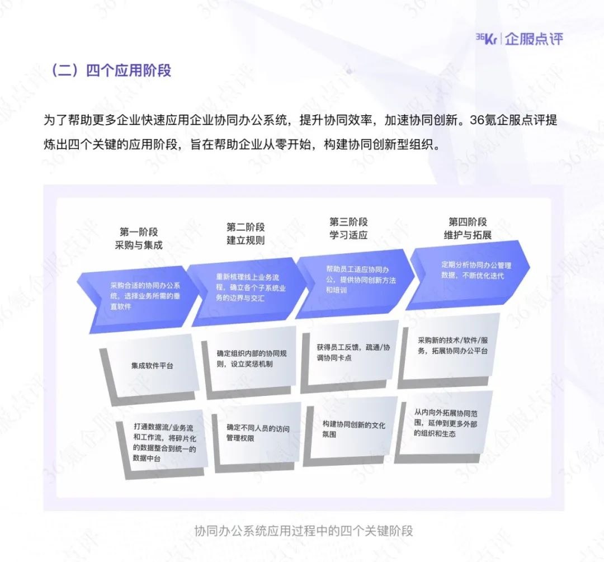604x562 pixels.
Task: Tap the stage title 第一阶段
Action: point(139,232)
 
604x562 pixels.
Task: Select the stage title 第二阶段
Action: point(246,227)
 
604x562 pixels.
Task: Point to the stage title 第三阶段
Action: point(348,222)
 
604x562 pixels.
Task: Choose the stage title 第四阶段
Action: point(468,222)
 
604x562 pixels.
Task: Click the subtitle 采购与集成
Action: point(139,245)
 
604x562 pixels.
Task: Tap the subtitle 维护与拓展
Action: point(468,235)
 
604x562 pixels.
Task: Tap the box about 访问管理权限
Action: point(258,433)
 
